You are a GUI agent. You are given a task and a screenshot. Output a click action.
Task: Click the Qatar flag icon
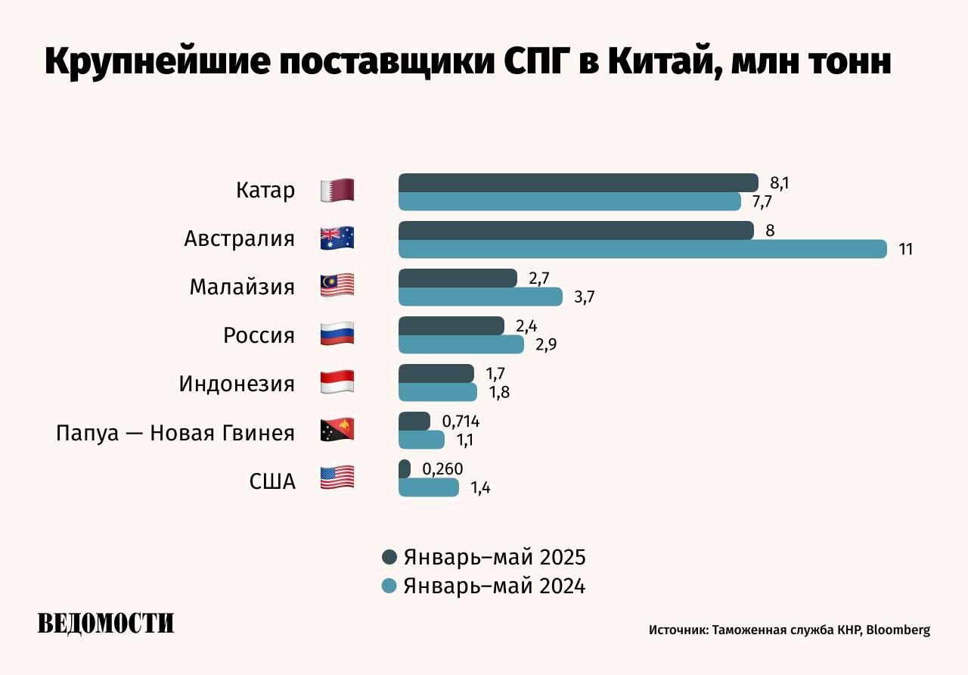tap(337, 191)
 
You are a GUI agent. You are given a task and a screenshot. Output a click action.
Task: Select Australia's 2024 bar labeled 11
tap(642, 249)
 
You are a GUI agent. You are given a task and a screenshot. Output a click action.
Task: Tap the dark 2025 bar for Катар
tap(578, 182)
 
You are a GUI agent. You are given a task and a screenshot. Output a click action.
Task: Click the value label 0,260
tap(442, 469)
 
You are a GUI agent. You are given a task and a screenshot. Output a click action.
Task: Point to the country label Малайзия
tap(242, 287)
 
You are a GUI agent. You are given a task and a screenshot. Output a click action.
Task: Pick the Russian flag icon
tap(337, 334)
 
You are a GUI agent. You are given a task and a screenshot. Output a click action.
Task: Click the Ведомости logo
tap(106, 624)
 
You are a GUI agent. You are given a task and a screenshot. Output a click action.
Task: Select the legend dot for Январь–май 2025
tap(389, 558)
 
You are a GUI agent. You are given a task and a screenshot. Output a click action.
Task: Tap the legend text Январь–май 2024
tap(495, 586)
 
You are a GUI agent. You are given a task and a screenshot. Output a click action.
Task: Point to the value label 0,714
tap(461, 421)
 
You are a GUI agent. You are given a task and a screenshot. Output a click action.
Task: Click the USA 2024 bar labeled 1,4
tap(428, 487)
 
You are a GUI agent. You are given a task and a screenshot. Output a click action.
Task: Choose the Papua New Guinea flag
tap(337, 430)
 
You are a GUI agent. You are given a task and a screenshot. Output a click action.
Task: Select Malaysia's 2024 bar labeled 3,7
tap(480, 297)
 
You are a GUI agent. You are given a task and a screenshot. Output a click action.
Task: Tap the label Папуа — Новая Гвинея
tap(175, 433)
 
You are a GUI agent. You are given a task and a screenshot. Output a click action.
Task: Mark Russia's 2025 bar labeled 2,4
tap(451, 325)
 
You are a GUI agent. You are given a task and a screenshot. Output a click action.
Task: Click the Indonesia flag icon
tap(337, 382)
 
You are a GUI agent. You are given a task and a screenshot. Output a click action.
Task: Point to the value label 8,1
tap(780, 182)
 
